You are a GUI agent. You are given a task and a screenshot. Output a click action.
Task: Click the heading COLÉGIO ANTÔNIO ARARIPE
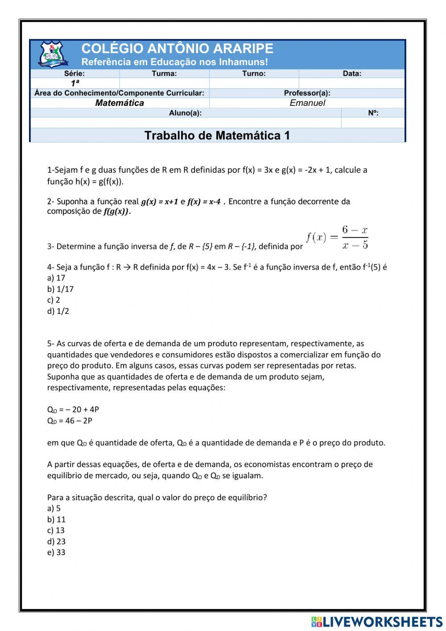pyautogui.click(x=177, y=48)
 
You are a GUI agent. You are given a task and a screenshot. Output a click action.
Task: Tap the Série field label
pyautogui.click(x=74, y=74)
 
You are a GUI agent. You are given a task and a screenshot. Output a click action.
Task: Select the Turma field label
pyautogui.click(x=164, y=74)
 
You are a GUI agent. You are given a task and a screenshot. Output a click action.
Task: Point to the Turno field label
pyautogui.click(x=254, y=74)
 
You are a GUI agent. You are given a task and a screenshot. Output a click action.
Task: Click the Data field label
pyautogui.click(x=352, y=74)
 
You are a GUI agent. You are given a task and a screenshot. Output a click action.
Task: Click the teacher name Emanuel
pyautogui.click(x=307, y=103)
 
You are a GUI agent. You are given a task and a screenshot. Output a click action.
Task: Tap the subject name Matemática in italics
pyautogui.click(x=120, y=103)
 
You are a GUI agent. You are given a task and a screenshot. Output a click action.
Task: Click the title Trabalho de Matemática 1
pyautogui.click(x=217, y=135)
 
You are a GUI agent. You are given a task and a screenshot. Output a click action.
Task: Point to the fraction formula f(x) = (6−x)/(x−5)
pyautogui.click(x=337, y=238)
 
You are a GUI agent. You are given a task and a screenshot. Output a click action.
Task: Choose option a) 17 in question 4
pyautogui.click(x=56, y=278)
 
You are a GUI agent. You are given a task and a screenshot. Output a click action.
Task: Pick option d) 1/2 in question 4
pyautogui.click(x=58, y=311)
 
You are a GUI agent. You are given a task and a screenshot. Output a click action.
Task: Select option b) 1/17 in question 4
pyautogui.click(x=60, y=289)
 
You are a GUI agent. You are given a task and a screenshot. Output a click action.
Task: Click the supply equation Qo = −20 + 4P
pyautogui.click(x=73, y=410)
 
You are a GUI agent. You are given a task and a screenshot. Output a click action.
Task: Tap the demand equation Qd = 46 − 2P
pyautogui.click(x=70, y=421)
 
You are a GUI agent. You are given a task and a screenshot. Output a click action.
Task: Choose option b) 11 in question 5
pyautogui.click(x=56, y=519)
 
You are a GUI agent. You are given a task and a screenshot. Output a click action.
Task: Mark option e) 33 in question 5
pyautogui.click(x=56, y=552)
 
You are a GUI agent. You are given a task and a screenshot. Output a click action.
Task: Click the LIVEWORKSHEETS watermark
pyautogui.click(x=377, y=622)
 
